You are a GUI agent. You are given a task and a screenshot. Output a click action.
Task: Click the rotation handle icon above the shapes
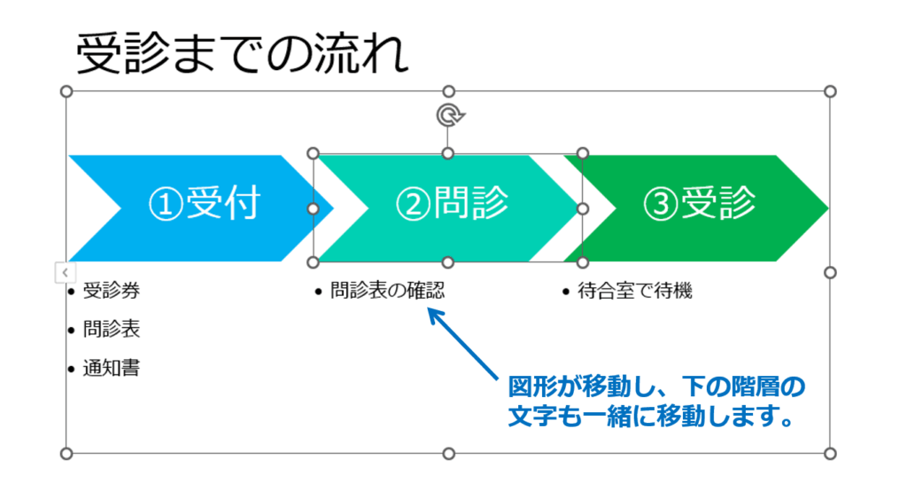click(449, 115)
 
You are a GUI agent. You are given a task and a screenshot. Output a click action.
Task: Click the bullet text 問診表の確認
click(387, 290)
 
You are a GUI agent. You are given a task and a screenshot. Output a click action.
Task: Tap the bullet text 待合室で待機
click(634, 290)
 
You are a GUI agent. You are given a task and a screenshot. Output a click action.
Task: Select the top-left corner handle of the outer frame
click(66, 91)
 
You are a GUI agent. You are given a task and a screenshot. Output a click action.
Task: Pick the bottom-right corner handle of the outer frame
click(830, 454)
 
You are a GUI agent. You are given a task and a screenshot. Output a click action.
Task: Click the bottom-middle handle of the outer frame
click(448, 454)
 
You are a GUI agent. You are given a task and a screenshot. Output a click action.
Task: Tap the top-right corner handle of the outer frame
click(830, 91)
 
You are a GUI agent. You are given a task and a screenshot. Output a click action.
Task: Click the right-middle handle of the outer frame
click(830, 272)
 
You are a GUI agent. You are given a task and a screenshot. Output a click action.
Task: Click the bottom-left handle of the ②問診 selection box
click(313, 262)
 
